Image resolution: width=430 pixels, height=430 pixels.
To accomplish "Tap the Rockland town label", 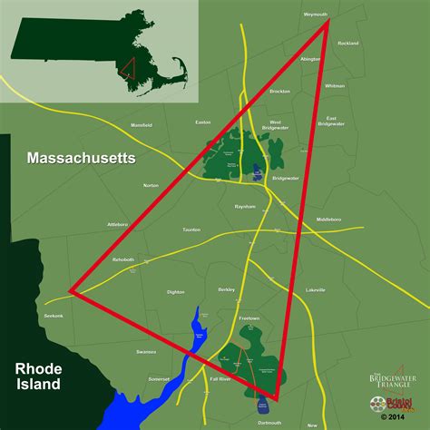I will click(347, 43).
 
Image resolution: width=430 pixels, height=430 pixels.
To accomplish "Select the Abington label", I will click(311, 58).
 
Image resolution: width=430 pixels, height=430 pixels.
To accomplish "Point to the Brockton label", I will click(279, 92).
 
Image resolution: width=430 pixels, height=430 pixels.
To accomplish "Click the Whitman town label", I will click(335, 85).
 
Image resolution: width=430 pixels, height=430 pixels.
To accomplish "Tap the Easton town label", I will click(202, 122).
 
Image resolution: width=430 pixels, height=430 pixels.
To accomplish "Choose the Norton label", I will click(151, 185).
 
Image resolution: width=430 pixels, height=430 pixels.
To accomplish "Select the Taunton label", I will click(191, 230).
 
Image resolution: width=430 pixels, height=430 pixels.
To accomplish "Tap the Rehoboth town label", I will click(122, 259).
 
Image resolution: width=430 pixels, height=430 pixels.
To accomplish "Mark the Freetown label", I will click(249, 318).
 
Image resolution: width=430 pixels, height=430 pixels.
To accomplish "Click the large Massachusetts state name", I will click(81, 158).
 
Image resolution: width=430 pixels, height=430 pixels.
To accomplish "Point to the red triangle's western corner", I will click(73, 292).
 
